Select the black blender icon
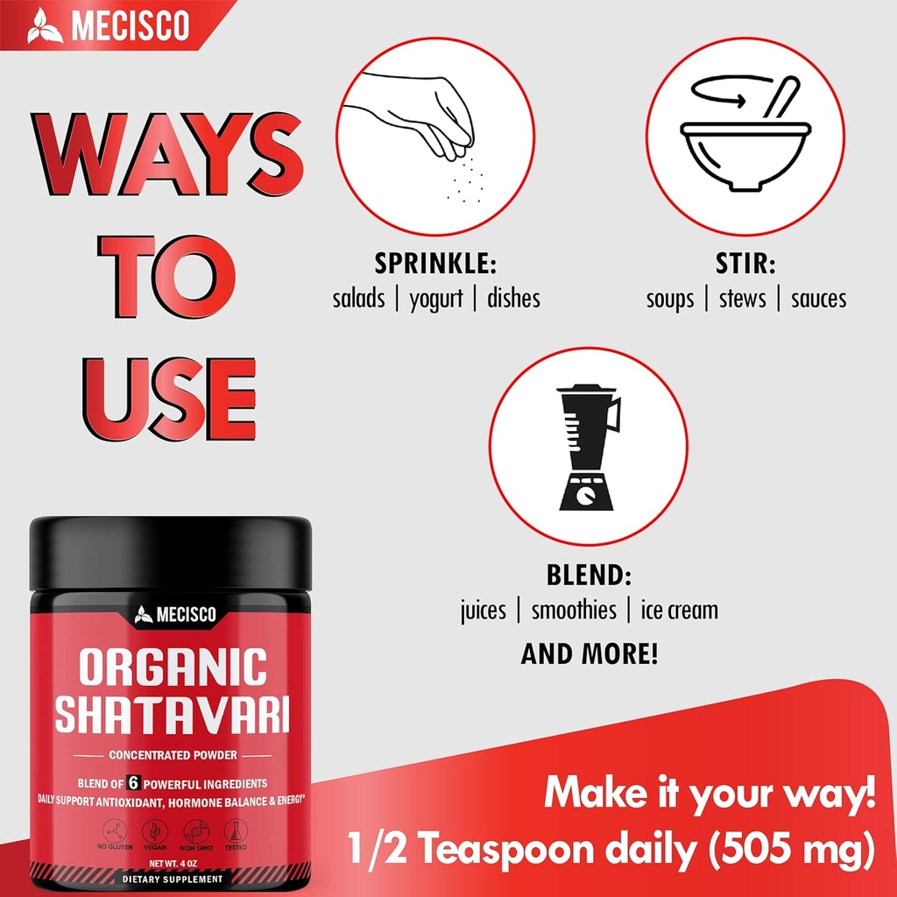(588, 448)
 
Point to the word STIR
(745, 264)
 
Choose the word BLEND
(589, 576)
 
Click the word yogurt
(436, 299)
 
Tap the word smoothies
(574, 610)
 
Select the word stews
(743, 299)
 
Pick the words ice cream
(679, 610)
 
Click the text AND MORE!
(589, 653)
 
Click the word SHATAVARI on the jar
(172, 713)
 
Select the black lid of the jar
(171, 553)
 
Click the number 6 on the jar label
(135, 783)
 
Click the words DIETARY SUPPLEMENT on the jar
(172, 878)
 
